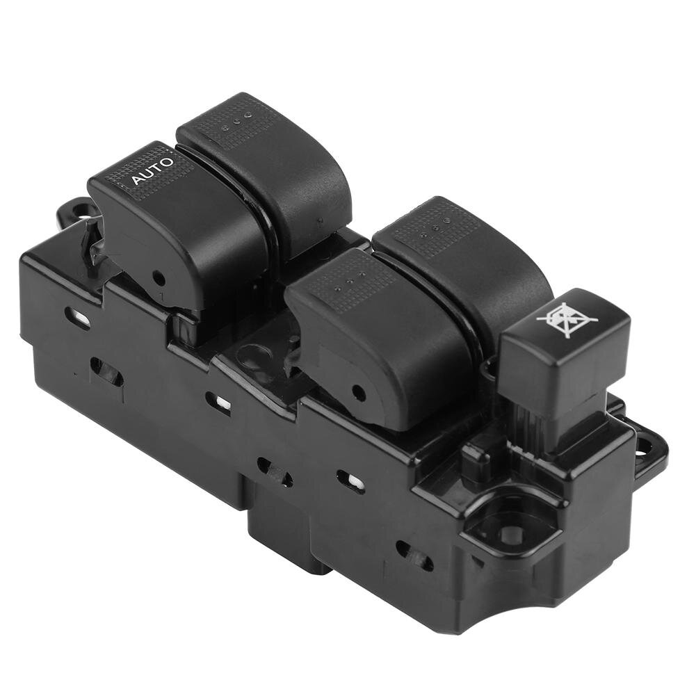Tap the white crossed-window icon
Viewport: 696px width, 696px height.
click(x=567, y=317)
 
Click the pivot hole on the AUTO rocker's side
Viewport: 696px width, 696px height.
click(x=159, y=278)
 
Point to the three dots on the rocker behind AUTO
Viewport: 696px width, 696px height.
click(x=237, y=123)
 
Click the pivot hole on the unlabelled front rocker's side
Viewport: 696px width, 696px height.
click(x=358, y=391)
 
